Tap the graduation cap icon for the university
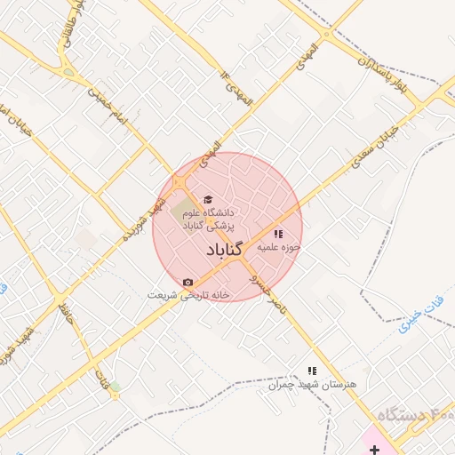point(208,200)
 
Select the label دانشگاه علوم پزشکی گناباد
point(207,220)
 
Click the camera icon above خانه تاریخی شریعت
point(187,283)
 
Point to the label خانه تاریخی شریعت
point(188,295)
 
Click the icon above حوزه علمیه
point(279,234)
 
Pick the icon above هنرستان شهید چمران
point(311,370)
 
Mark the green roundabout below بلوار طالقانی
point(68,72)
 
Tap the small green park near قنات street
point(115,387)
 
